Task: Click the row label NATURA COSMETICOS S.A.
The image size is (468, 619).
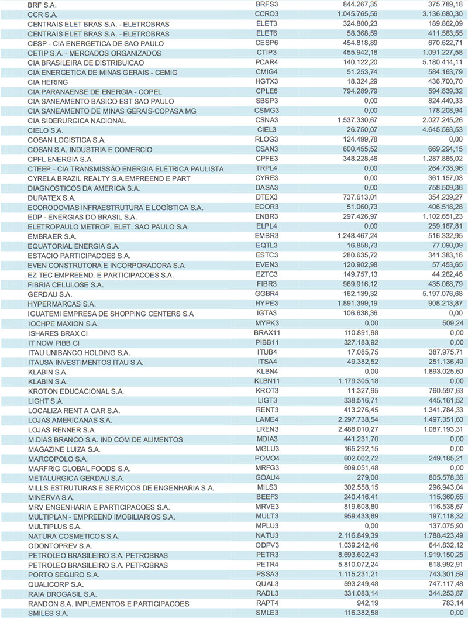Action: (74, 536)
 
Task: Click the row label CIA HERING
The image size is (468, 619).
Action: (48, 82)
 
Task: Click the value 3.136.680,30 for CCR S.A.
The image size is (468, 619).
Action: (439, 15)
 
